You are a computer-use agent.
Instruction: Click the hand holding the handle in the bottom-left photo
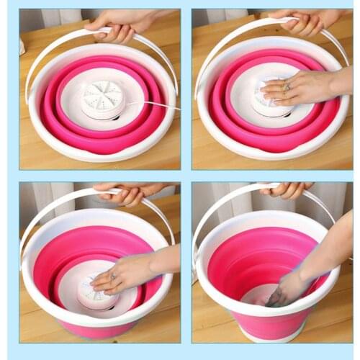coord(128,192)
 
